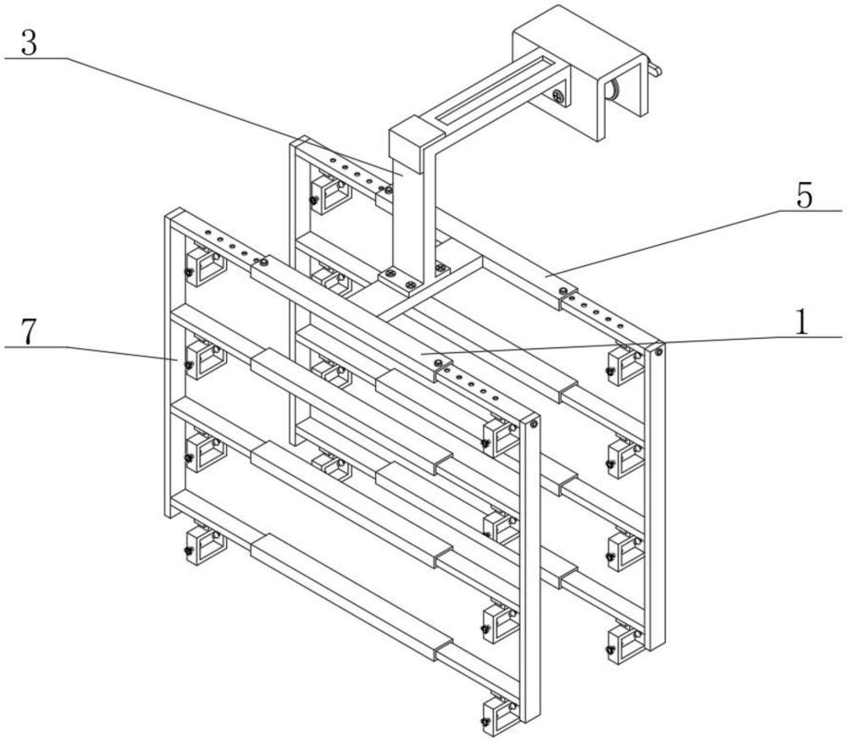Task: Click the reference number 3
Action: tap(28, 42)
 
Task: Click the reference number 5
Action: tap(804, 197)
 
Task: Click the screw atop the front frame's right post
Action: tap(534, 424)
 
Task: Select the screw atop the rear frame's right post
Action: tap(659, 347)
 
